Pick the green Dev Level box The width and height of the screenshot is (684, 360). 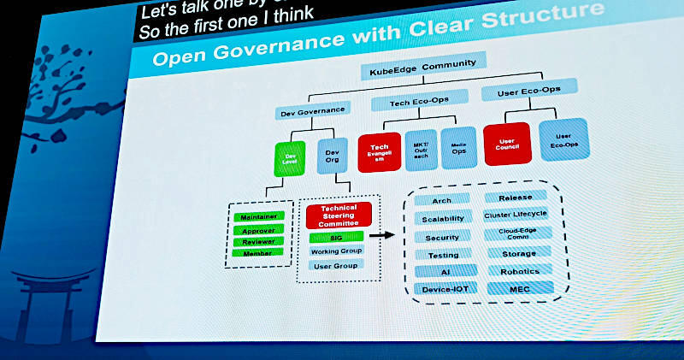click(x=289, y=159)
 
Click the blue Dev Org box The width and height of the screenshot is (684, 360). click(x=333, y=158)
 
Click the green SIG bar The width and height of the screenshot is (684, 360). click(x=336, y=236)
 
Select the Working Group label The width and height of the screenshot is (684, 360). click(x=336, y=251)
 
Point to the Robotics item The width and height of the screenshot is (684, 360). click(x=520, y=271)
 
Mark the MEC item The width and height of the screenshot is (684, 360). click(x=520, y=289)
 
